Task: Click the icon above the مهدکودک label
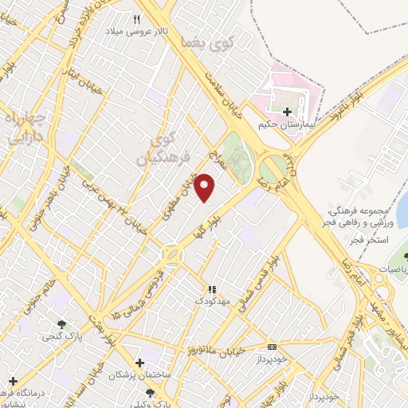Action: coord(212,289)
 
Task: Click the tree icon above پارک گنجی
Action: coord(61,324)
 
